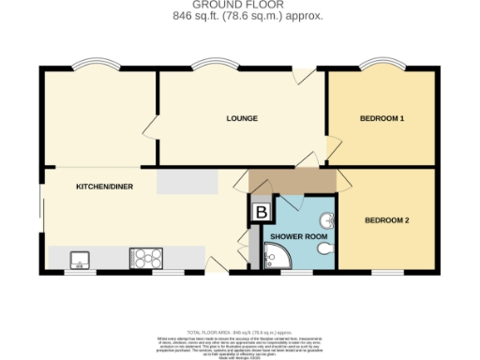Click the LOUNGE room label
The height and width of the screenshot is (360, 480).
click(x=241, y=119)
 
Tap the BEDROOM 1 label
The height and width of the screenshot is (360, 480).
click(x=382, y=119)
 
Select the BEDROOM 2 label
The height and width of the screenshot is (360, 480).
click(x=386, y=220)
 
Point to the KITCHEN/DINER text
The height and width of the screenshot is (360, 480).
click(x=104, y=187)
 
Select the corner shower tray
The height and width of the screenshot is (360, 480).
click(x=278, y=256)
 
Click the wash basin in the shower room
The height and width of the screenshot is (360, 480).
click(x=325, y=221)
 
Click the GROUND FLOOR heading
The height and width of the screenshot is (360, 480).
click(x=239, y=6)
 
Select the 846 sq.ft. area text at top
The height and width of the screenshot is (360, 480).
click(x=239, y=16)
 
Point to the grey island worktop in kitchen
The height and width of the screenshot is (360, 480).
click(x=187, y=183)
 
